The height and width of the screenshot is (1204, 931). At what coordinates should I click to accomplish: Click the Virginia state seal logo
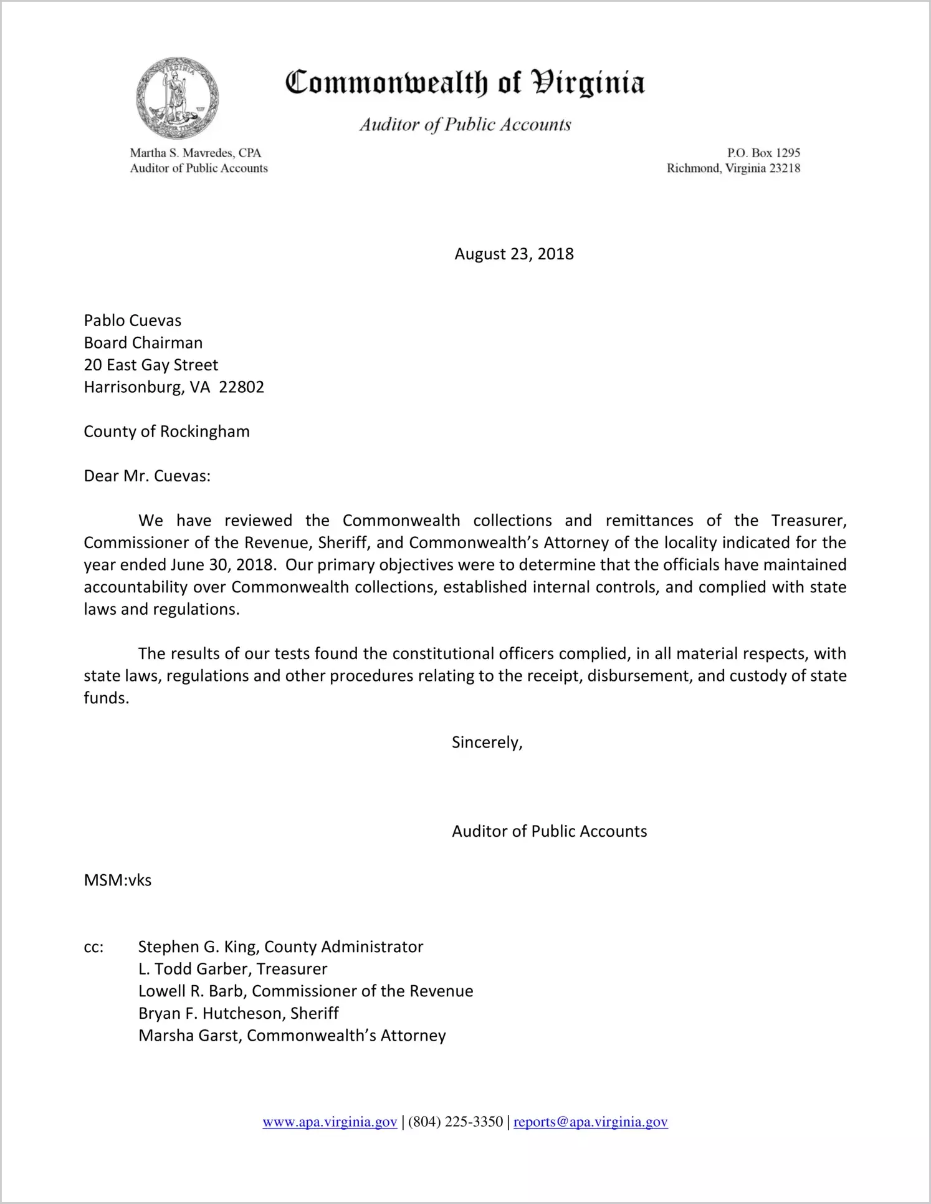(178, 99)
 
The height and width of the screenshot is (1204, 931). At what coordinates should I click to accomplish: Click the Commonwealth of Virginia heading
(465, 83)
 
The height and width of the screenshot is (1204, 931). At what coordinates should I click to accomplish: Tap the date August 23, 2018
(513, 254)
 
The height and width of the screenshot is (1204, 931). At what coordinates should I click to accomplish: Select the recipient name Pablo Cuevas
(133, 320)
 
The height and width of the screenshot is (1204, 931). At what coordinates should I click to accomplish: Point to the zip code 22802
(242, 387)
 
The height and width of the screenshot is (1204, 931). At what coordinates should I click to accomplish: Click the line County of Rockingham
(166, 431)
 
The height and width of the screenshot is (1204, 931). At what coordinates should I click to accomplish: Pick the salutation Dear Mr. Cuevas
(147, 476)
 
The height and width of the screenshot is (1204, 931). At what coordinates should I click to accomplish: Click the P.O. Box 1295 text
(763, 153)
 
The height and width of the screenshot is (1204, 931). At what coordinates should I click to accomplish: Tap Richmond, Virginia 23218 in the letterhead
(733, 168)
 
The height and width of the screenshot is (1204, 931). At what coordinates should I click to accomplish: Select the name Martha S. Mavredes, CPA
(195, 153)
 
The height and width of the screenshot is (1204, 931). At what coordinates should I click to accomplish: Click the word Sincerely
(487, 743)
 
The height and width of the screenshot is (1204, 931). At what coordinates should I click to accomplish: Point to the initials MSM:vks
(118, 880)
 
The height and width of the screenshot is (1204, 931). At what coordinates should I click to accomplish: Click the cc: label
(93, 947)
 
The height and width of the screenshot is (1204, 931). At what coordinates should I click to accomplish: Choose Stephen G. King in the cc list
(198, 947)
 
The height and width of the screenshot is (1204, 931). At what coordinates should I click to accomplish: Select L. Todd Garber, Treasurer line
(232, 969)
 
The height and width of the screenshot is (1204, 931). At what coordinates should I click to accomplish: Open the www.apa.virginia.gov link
(330, 1122)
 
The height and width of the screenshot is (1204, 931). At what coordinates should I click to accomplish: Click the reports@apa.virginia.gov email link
(590, 1122)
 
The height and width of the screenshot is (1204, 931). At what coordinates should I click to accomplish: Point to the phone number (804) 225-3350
(456, 1122)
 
